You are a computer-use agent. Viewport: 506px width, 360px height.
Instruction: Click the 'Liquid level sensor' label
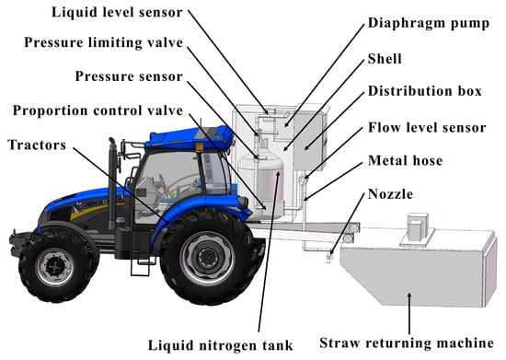click(117, 13)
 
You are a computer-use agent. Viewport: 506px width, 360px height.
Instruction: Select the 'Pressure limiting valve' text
click(104, 42)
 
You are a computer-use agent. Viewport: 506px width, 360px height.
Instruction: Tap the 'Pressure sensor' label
click(129, 76)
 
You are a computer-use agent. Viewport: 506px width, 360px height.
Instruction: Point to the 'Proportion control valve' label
click(98, 110)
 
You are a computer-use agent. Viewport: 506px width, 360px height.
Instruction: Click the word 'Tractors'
click(37, 145)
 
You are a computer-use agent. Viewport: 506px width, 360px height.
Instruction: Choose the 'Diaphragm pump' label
click(429, 23)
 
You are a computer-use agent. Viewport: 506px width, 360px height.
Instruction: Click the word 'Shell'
click(385, 59)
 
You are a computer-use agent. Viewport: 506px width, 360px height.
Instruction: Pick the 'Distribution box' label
click(425, 91)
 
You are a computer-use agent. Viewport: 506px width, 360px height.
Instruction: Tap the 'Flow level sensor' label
click(427, 128)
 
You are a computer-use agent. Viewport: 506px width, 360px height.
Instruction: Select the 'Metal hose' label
click(405, 161)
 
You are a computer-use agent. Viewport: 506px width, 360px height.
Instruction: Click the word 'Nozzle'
click(390, 194)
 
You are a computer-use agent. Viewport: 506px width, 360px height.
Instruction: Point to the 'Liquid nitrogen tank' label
click(221, 345)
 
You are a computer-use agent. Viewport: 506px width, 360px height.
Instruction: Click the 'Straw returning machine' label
click(407, 343)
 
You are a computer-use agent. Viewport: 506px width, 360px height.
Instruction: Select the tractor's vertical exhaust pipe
click(112, 180)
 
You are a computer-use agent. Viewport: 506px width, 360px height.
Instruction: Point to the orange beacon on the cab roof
click(200, 146)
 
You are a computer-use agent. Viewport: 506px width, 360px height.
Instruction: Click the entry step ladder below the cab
click(141, 266)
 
